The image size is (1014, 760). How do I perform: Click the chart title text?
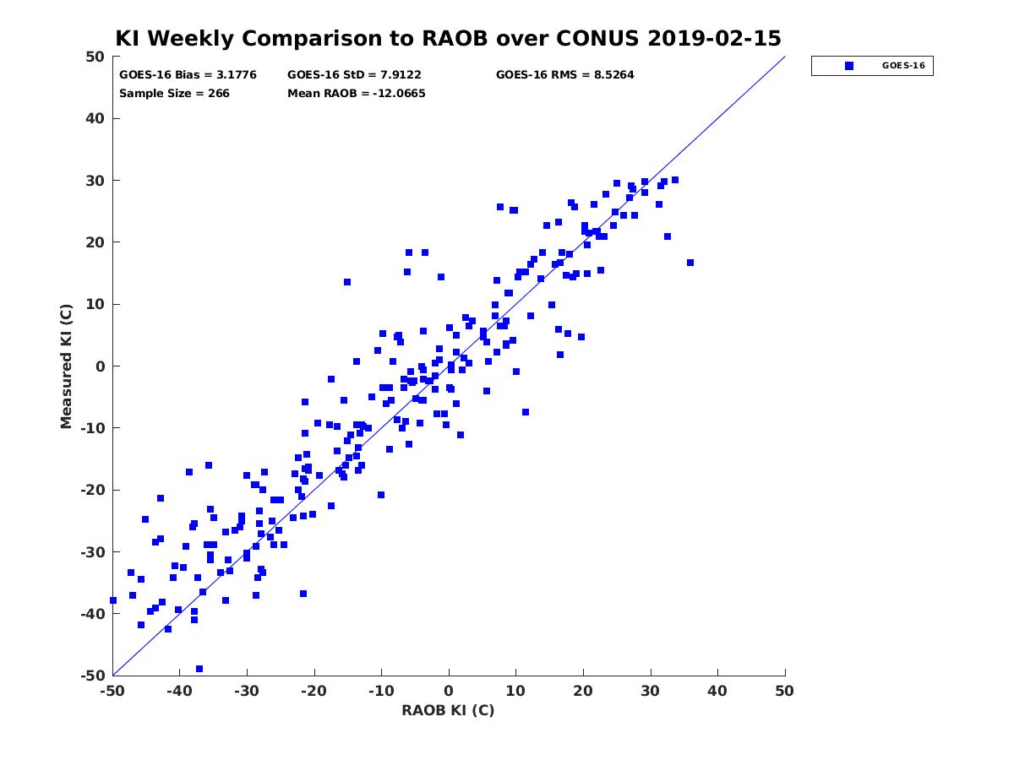(448, 38)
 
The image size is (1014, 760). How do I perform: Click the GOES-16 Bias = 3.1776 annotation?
(188, 75)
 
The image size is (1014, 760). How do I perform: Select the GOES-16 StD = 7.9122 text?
(354, 75)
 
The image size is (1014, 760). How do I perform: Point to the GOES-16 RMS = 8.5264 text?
(564, 75)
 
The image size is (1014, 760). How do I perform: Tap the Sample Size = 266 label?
(174, 93)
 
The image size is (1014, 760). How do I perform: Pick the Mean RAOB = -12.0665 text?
(357, 93)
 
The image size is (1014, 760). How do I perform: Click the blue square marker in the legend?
(848, 66)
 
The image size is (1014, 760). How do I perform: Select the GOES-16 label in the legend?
(903, 66)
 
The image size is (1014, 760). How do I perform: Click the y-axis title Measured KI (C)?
(66, 366)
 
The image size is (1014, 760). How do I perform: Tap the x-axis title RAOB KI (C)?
(448, 709)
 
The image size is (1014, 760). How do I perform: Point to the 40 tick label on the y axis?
(95, 118)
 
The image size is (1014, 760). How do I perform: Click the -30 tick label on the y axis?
(93, 552)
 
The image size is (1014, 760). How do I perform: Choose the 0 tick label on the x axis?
(449, 691)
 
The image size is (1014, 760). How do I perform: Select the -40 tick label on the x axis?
(179, 691)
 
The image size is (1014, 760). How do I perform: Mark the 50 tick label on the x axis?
(784, 691)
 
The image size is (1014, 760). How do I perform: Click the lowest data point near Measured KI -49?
(199, 669)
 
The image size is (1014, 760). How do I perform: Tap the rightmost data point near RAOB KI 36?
(690, 263)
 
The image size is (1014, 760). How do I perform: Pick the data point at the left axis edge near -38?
(113, 600)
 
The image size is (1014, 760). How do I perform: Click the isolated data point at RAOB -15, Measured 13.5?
(347, 282)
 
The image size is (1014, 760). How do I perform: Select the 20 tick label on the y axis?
(95, 242)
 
